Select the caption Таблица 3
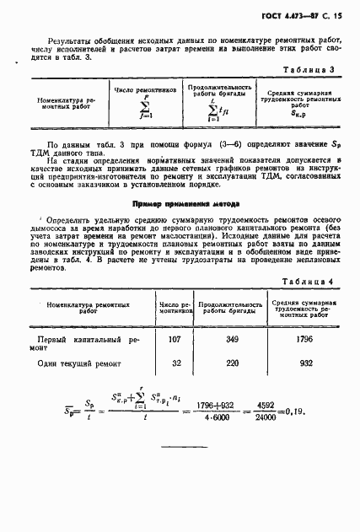click(311, 71)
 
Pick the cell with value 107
click(175, 317)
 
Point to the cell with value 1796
click(306, 317)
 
